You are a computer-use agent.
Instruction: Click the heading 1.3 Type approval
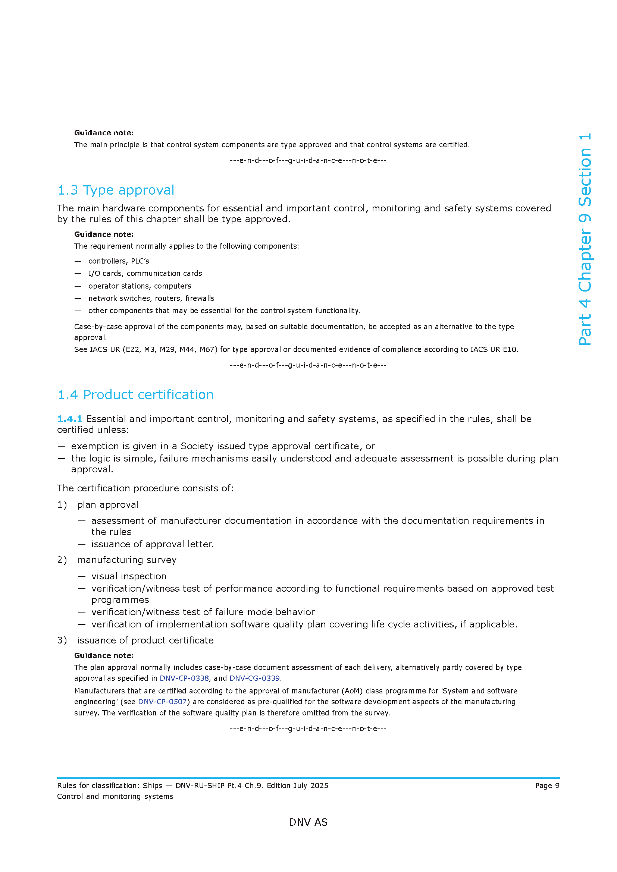pos(116,190)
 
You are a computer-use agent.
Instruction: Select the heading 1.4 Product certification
pos(135,394)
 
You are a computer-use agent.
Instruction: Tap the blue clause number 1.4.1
pos(69,419)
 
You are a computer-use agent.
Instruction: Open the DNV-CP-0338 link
pos(184,678)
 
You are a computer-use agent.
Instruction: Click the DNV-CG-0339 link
pos(254,678)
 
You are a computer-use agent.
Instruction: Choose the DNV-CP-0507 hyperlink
pos(162,702)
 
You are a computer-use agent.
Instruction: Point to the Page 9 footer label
pos(547,786)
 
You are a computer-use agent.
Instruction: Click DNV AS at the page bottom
pos(308,822)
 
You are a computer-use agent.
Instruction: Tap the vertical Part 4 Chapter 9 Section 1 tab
pos(585,239)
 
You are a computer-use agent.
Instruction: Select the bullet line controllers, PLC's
pos(119,261)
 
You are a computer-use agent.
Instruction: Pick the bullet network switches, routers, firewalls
pos(151,298)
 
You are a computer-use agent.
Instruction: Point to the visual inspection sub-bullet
pos(129,576)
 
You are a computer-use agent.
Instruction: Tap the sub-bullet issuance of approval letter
pos(152,544)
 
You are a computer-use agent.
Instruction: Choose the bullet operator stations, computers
pos(140,286)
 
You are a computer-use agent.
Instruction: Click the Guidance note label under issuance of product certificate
pos(104,655)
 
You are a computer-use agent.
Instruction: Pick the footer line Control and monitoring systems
pos(115,796)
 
